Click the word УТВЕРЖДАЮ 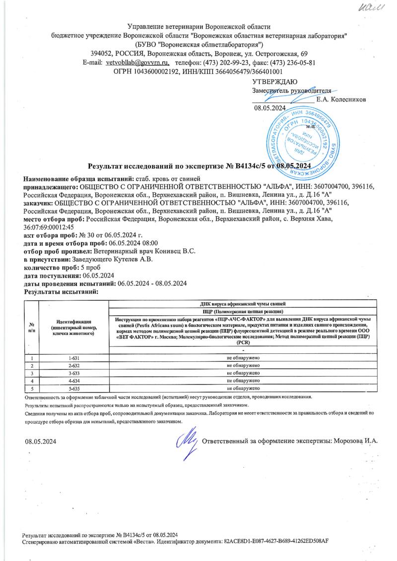(x=275, y=82)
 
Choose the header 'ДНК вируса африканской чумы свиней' (x=243, y=303)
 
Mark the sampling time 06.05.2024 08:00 (x=133, y=243)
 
